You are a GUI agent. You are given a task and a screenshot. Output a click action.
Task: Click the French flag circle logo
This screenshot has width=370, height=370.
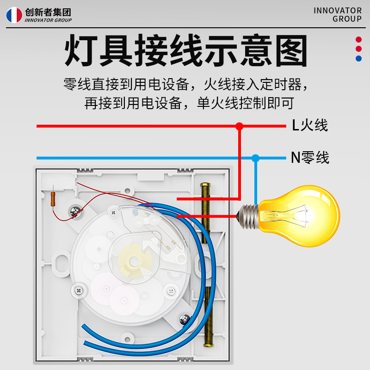coord(14,15)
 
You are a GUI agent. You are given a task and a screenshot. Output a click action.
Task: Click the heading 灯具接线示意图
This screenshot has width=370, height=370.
coord(185,51)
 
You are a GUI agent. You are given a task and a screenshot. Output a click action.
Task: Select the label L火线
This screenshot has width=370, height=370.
coord(309,125)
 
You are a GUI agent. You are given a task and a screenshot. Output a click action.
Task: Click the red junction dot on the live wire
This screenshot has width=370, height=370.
coord(239,126)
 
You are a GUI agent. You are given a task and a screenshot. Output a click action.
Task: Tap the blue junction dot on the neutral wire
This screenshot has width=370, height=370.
coord(255,158)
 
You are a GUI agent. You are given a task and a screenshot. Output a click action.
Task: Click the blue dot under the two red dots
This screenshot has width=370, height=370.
coord(358,58)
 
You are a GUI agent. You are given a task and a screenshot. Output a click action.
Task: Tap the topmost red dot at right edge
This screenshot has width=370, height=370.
coord(358,40)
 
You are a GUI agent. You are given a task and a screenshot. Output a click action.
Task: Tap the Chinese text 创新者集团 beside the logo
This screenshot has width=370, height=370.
coord(49,12)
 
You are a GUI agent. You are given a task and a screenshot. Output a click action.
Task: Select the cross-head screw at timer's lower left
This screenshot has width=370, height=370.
coord(78,290)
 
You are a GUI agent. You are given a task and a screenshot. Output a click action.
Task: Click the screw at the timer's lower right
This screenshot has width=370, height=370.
coord(171,290)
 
